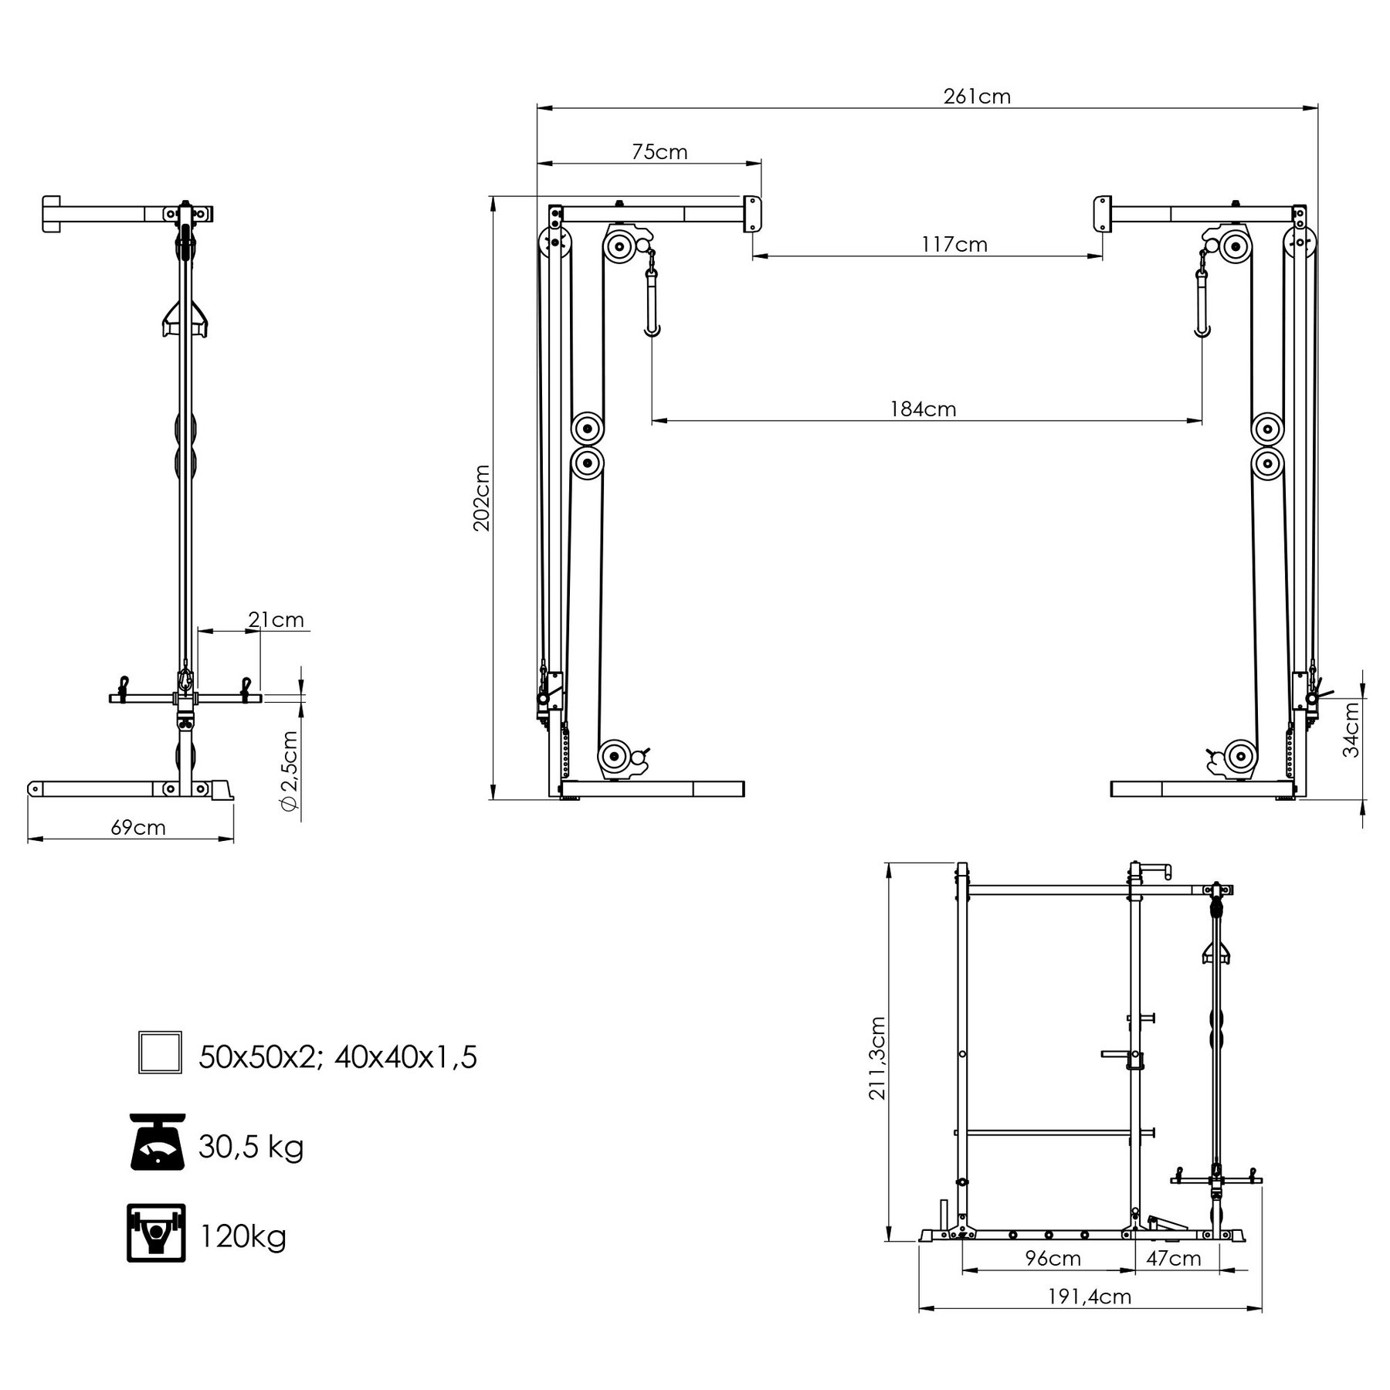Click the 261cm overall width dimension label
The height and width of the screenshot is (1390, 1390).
click(x=976, y=97)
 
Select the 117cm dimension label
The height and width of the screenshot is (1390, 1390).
click(x=954, y=245)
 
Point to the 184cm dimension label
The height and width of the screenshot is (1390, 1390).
click(x=923, y=409)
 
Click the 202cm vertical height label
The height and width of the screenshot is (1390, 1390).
click(x=482, y=497)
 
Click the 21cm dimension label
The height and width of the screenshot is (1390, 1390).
click(x=276, y=620)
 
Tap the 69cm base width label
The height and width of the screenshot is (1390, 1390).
click(x=138, y=828)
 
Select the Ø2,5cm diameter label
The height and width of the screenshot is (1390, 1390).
click(x=289, y=770)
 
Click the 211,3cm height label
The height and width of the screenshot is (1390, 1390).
click(x=877, y=1057)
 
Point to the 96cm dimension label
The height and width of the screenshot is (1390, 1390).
click(x=1053, y=1259)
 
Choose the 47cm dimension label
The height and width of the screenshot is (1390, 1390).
click(x=1173, y=1259)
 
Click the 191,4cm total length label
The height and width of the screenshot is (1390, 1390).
click(x=1089, y=1297)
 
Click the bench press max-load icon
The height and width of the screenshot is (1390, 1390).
click(x=156, y=1233)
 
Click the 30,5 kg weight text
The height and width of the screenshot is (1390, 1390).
click(x=251, y=1147)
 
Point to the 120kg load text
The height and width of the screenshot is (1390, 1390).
click(x=243, y=1236)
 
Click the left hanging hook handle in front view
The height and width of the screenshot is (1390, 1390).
click(x=653, y=301)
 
